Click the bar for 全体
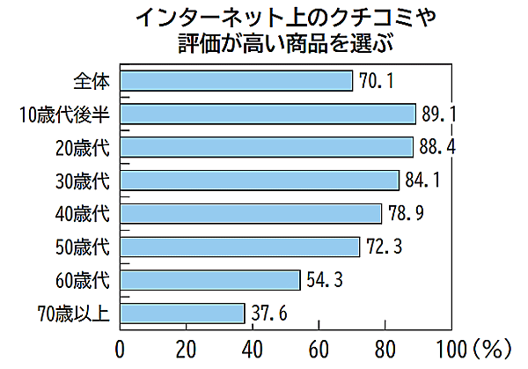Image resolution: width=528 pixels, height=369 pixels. coord(236,82)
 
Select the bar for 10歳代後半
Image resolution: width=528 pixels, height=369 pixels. coord(268,114)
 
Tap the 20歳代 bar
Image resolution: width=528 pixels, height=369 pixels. coord(267,147)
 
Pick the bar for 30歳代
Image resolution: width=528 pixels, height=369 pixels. coord(260,181)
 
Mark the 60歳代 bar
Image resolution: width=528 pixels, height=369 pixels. coord(210,280)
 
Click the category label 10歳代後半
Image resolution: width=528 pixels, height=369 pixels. coord(66,114)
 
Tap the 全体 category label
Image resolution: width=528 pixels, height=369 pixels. coord(92,82)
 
